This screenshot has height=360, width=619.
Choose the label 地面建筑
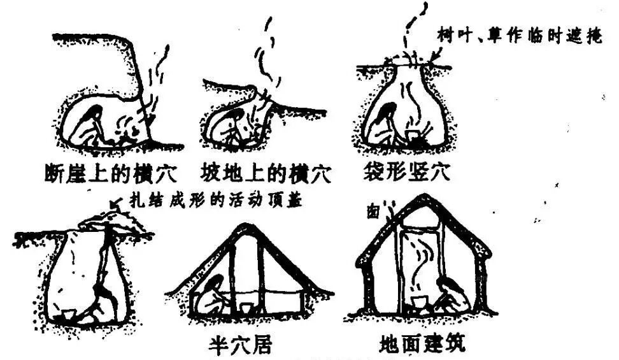point(422,344)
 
